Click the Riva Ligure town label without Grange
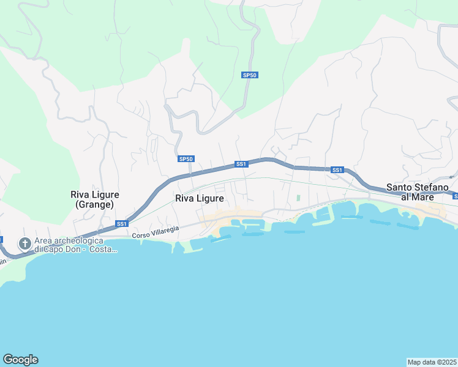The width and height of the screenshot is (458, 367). point(199,198)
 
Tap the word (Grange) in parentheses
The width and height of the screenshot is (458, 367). point(94,205)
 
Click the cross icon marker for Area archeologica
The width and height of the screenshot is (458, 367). point(25,244)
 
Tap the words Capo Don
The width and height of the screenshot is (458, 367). point(65,250)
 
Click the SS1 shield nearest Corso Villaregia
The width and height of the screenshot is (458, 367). point(121,223)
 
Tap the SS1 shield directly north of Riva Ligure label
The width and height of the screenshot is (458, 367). point(241,164)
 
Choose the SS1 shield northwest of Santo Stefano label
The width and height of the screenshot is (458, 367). point(337,169)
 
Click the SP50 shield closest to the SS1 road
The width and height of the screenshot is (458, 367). point(186,159)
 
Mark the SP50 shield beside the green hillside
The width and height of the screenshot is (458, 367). point(250,75)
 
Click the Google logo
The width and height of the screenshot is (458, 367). point(20,360)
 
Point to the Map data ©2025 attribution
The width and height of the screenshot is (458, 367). point(432,362)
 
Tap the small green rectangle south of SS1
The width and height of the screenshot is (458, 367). point(299,198)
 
